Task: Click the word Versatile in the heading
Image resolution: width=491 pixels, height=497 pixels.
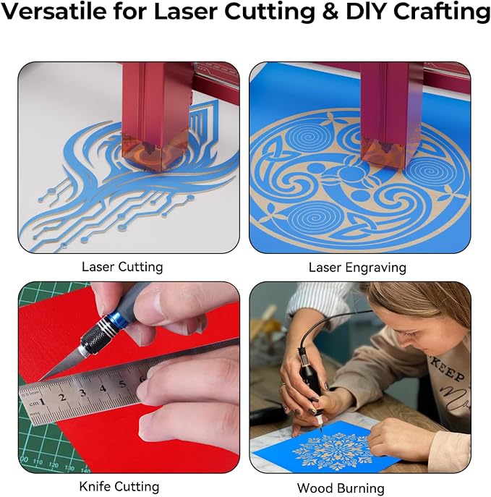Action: pos(54,11)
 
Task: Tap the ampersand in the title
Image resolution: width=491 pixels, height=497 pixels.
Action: pos(330,11)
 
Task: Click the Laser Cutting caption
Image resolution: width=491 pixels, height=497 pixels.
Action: pos(122,267)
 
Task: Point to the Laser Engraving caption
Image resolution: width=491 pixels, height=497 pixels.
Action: pos(357,268)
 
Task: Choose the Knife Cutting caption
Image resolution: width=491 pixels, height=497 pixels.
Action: pos(119,487)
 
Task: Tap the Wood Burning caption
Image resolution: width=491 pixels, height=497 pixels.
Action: pos(341,488)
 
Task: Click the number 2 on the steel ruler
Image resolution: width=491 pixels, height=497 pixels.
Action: pos(62,397)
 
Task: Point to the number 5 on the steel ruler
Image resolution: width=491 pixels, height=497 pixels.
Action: pos(122,384)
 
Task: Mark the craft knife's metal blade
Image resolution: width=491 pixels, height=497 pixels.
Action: pos(63,365)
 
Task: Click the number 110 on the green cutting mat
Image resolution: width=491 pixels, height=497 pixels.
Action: pos(38,462)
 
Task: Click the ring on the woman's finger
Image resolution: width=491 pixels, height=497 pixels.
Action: pos(282,386)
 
